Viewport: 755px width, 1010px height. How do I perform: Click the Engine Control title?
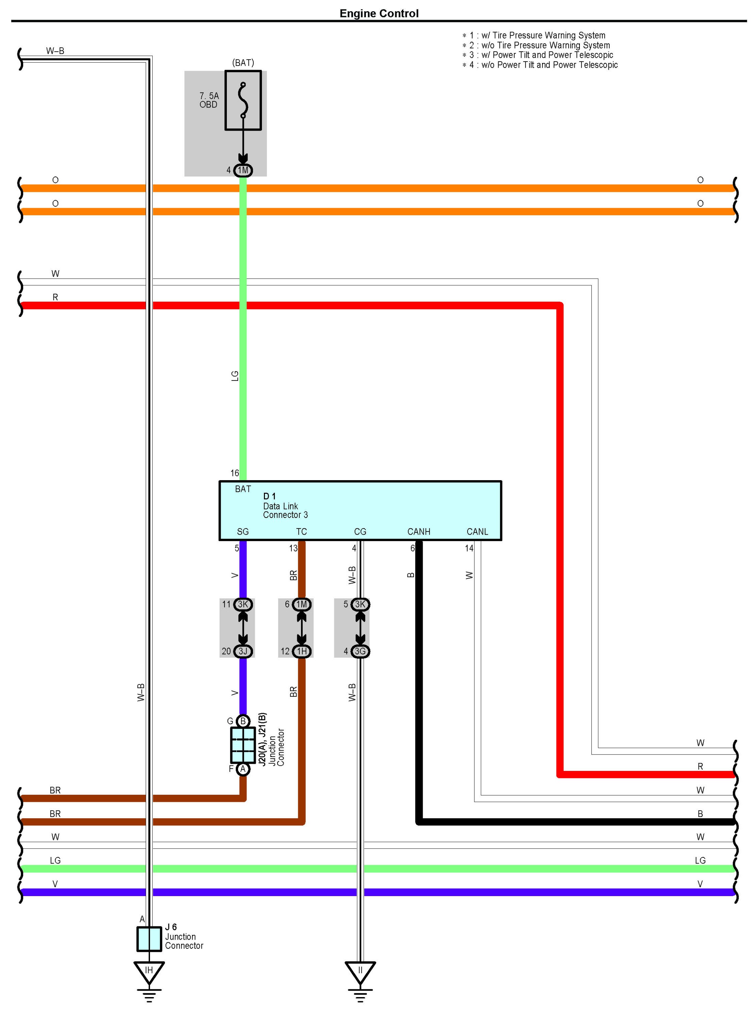click(379, 13)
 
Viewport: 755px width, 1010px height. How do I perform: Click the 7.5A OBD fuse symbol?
click(243, 100)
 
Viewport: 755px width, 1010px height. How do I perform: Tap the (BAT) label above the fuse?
click(243, 63)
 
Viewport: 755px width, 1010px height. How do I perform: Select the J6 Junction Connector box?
click(149, 939)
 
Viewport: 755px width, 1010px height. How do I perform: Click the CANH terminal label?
click(418, 532)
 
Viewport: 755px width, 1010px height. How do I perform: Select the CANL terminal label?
click(477, 532)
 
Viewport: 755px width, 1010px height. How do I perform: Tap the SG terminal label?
click(242, 532)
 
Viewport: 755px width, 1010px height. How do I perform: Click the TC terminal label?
click(301, 532)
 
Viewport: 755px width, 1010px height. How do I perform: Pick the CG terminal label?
click(360, 532)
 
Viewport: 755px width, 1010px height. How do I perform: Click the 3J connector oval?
click(243, 651)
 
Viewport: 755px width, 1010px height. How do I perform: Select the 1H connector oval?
click(301, 651)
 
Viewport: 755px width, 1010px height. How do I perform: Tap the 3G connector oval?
click(360, 651)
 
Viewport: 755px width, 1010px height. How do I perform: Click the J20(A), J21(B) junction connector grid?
click(243, 745)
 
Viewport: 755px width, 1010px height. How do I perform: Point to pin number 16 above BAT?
click(234, 473)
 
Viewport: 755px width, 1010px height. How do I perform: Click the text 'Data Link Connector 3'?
click(285, 510)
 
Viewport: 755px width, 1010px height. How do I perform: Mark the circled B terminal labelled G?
click(243, 721)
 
